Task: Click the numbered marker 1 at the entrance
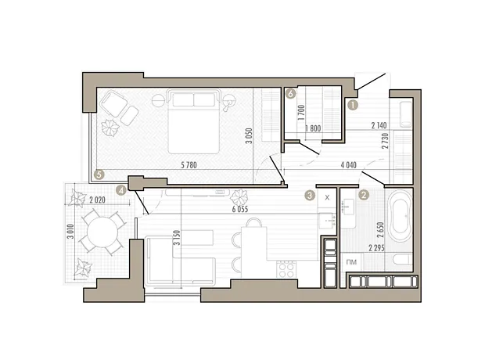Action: click(x=353, y=105)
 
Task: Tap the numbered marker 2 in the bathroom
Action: click(x=364, y=195)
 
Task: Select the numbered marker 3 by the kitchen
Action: click(x=310, y=195)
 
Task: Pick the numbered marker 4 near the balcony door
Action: click(x=121, y=190)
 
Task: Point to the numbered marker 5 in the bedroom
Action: click(x=99, y=175)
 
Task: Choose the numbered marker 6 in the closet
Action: click(x=291, y=93)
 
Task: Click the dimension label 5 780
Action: click(x=189, y=165)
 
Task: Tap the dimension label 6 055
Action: click(x=240, y=209)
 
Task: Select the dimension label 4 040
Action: click(x=349, y=165)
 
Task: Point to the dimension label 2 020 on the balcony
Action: click(x=97, y=200)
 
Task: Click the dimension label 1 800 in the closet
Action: click(x=313, y=128)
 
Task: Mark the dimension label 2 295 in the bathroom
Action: click(x=376, y=248)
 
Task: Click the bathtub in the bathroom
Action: click(x=401, y=216)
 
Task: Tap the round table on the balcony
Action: click(x=102, y=231)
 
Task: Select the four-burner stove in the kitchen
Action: click(x=286, y=270)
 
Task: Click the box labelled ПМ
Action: click(x=352, y=262)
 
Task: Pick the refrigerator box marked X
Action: click(x=327, y=197)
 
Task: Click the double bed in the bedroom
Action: click(x=194, y=121)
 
